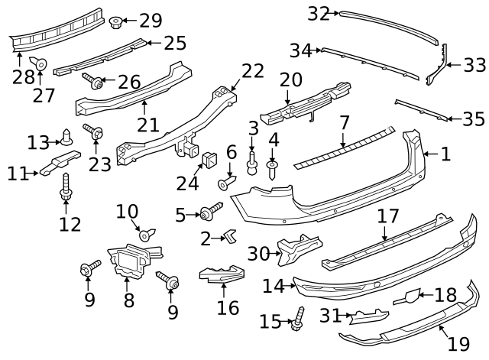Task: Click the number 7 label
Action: click(345, 122)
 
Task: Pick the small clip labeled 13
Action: click(68, 141)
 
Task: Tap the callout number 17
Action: click(389, 217)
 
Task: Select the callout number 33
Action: click(474, 65)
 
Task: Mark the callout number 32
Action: click(318, 13)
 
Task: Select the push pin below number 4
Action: click(272, 169)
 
